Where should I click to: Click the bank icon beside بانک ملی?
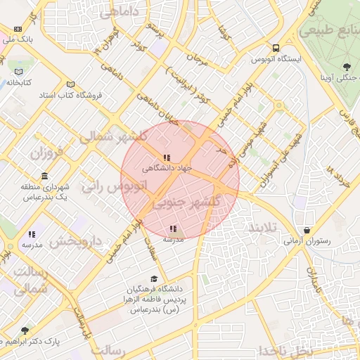18,29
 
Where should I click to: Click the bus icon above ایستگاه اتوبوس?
276,48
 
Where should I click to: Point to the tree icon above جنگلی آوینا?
347,67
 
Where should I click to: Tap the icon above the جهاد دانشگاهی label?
167,158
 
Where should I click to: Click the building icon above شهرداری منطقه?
44,175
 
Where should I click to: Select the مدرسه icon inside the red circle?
173,229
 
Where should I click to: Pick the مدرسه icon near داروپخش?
32,234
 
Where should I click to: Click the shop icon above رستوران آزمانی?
307,230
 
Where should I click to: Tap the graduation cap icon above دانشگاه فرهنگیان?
154,279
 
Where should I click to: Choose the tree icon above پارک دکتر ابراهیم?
26,330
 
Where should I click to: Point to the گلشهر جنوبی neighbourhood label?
186,202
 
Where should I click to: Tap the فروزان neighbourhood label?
46,152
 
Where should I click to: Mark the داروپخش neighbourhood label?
76,242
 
